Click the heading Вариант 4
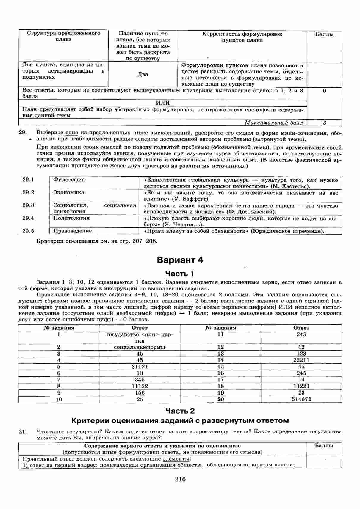coord(180,260)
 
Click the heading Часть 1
coord(180,274)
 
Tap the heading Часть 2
coord(180,411)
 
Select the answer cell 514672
coord(301,399)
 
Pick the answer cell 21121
coord(140,367)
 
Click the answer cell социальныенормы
coord(140,347)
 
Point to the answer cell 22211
coord(301,360)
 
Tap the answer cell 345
coord(140,380)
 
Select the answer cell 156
coord(140,393)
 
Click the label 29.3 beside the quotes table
coord(28,205)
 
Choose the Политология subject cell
coord(71,218)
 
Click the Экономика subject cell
coord(69,192)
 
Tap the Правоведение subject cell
coord(73,231)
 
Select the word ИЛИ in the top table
coord(163,103)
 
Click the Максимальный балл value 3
coord(324,122)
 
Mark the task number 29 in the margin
coord(23,133)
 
